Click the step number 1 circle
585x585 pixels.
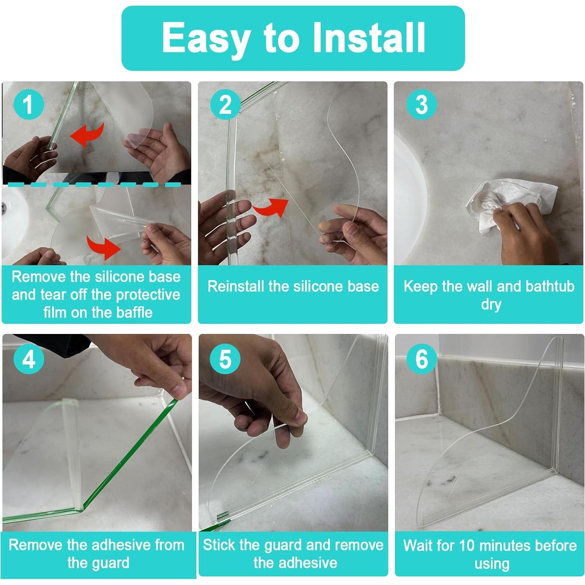pos(29,104)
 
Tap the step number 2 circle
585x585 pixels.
pos(225,104)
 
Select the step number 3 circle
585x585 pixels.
pos(422,104)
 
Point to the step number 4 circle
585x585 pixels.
pos(29,359)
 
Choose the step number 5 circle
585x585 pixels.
pos(225,359)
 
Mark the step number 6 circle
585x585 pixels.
pos(422,359)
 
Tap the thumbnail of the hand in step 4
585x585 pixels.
pos(179,389)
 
